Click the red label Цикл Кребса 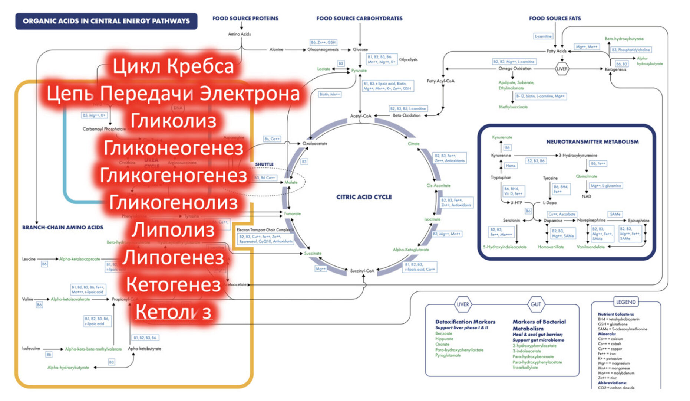point(173,66)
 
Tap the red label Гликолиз point(173,121)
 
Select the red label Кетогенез point(173,284)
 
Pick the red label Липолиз point(173,230)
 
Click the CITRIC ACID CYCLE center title point(364,197)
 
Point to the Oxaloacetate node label point(315,144)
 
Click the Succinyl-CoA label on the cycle point(362,271)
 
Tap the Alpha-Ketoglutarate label point(411,250)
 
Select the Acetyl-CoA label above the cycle point(360,116)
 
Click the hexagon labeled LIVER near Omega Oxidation point(562,69)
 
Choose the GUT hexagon point(536,304)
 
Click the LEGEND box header point(626,302)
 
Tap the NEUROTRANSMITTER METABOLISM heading point(592,141)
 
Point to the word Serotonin point(511,221)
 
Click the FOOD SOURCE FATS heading point(555,18)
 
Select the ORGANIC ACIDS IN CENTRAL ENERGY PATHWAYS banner point(106,21)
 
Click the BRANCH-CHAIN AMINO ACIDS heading point(63,227)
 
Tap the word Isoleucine point(31,349)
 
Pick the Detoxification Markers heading point(465,322)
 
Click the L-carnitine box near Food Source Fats point(543,36)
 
